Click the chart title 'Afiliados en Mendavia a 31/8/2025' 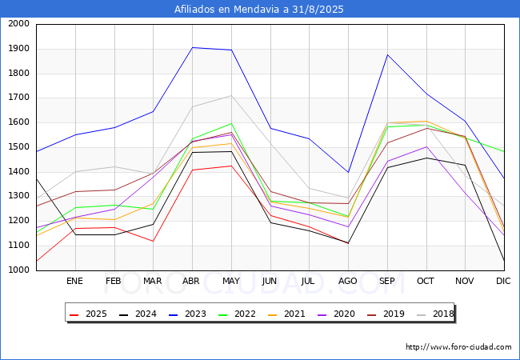259,10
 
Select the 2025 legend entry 88,314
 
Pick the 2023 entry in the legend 187,314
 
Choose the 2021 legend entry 286,314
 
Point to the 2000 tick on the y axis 18,24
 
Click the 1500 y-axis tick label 18,147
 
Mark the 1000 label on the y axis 18,270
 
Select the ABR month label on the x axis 191,281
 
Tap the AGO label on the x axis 347,281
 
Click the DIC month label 503,281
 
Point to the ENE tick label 74,281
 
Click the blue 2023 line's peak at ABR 192,47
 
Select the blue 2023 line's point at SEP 387,54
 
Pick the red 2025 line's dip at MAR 154,242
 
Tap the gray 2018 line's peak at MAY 231,95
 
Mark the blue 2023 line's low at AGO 348,172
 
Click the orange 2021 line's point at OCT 426,121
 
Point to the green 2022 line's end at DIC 504,151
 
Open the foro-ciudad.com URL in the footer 458,347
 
